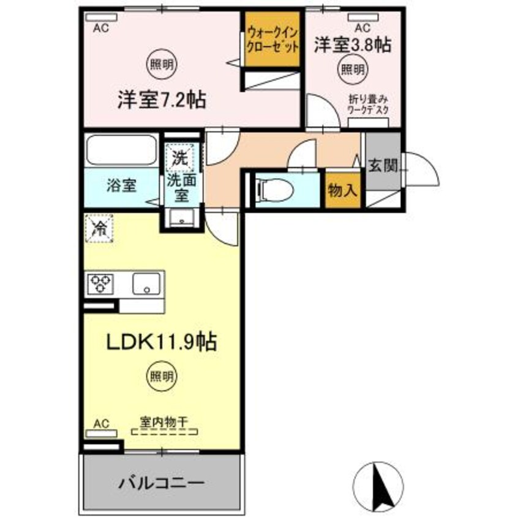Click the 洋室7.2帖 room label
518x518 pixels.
pyautogui.click(x=161, y=99)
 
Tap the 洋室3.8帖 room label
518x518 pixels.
pyautogui.click(x=353, y=45)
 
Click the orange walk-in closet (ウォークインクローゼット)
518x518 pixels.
pyautogui.click(x=272, y=40)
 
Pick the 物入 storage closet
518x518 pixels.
pyautogui.click(x=342, y=190)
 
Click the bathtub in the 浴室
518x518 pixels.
pyautogui.click(x=121, y=149)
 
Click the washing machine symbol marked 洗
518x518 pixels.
pyautogui.click(x=179, y=158)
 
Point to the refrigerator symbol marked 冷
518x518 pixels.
pyautogui.click(x=99, y=228)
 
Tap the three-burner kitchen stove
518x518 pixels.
pyautogui.click(x=102, y=283)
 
